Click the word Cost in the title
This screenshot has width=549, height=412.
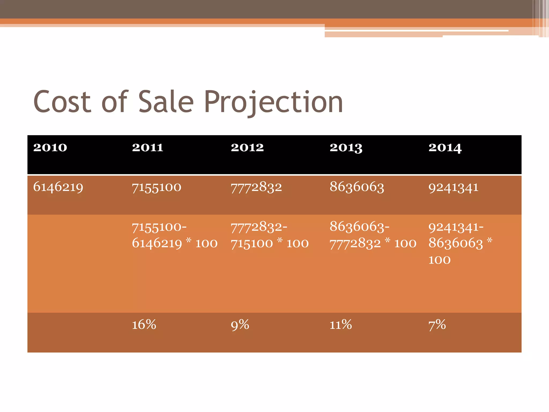click(x=62, y=102)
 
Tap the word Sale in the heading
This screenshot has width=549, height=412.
click(x=166, y=102)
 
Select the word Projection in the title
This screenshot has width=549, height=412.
click(x=273, y=102)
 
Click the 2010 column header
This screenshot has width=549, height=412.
click(x=50, y=148)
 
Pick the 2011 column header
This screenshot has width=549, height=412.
click(x=147, y=148)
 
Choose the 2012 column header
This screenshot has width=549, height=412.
click(x=247, y=148)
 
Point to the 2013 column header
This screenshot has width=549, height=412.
click(x=346, y=148)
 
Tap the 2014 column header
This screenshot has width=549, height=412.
click(x=445, y=148)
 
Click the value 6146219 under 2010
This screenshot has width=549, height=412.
click(x=58, y=187)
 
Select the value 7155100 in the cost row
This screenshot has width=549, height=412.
click(x=157, y=187)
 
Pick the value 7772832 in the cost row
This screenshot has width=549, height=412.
click(x=256, y=187)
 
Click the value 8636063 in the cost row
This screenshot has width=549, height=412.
click(x=357, y=187)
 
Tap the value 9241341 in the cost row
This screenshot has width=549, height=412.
click(x=453, y=187)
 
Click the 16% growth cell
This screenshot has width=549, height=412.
click(x=144, y=325)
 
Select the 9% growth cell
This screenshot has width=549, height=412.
click(x=240, y=325)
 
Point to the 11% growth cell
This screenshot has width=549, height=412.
click(x=341, y=325)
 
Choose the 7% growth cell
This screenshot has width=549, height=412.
click(x=437, y=325)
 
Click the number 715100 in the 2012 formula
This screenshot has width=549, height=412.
click(x=252, y=244)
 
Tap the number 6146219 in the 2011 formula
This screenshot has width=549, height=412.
click(x=157, y=244)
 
